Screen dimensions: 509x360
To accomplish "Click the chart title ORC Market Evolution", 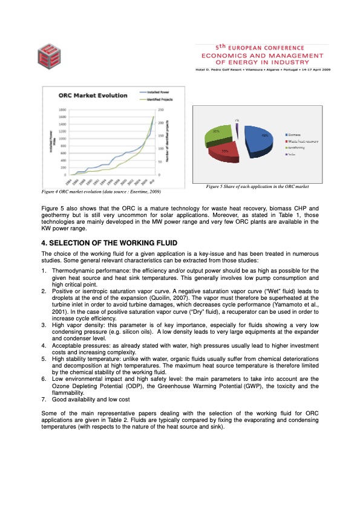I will [x=93, y=95].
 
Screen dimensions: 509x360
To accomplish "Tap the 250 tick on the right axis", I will [x=161, y=110].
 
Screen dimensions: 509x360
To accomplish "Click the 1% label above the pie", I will [x=237, y=120].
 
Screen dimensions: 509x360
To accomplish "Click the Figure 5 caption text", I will [x=257, y=186].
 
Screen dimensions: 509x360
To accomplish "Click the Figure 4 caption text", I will [x=100, y=191].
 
